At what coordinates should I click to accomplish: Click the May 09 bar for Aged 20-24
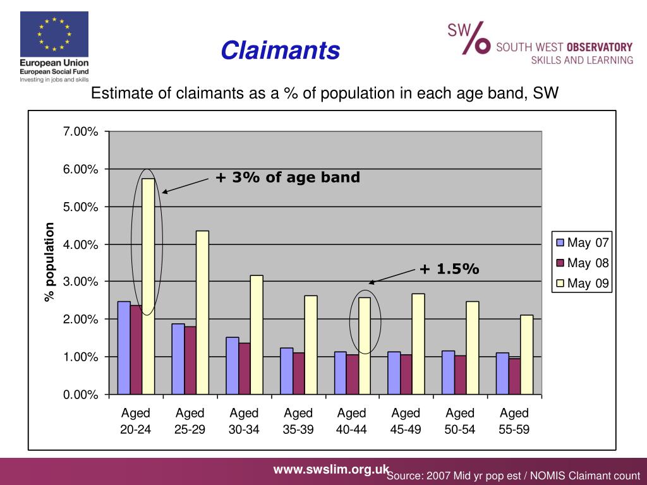click(x=148, y=287)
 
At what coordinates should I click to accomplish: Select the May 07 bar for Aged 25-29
click(x=178, y=359)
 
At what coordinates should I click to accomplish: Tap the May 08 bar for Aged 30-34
click(x=245, y=369)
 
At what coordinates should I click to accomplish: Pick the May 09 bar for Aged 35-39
click(x=310, y=345)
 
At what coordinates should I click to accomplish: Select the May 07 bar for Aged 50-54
click(x=448, y=373)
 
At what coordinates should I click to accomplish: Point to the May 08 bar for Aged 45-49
click(x=407, y=374)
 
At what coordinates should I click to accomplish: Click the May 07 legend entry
click(x=582, y=242)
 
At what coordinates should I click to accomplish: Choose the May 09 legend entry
click(x=582, y=284)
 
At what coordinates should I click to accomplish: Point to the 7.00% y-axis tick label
click(x=80, y=131)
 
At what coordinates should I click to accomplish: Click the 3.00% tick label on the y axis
click(x=80, y=281)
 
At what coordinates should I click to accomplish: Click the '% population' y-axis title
click(x=50, y=262)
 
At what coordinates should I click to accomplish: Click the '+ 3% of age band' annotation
click(x=287, y=177)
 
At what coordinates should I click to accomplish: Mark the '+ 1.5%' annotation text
click(x=449, y=269)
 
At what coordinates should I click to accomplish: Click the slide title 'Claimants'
click(x=281, y=51)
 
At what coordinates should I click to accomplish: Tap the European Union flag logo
click(x=54, y=35)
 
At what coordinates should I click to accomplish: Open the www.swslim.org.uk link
click(x=330, y=469)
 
